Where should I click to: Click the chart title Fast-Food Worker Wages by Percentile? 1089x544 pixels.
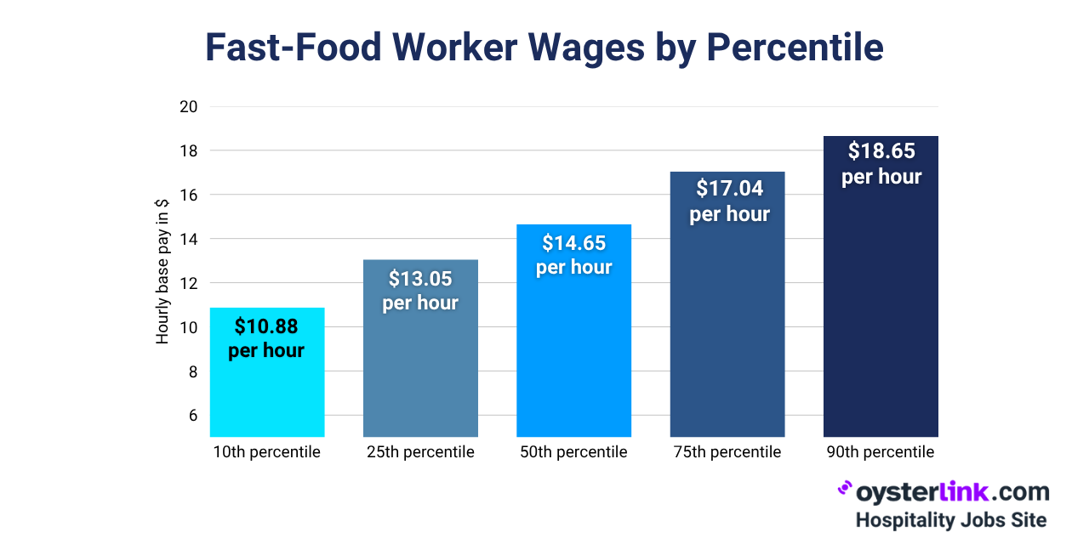click(544, 48)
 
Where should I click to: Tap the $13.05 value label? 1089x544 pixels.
click(420, 279)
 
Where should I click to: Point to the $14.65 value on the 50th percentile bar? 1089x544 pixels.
click(574, 244)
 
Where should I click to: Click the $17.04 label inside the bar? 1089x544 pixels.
click(729, 188)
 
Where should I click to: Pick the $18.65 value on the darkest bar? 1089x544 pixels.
click(881, 151)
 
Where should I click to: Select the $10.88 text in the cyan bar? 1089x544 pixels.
click(266, 326)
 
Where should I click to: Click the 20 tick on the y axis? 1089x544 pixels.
click(188, 107)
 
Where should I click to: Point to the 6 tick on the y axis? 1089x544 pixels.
click(192, 416)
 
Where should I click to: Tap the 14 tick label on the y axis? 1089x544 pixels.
click(188, 240)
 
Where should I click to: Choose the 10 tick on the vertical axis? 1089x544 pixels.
click(188, 328)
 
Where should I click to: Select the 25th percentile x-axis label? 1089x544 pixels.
click(420, 452)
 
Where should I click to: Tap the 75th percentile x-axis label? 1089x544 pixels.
click(727, 452)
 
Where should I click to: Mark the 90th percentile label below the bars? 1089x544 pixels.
click(881, 452)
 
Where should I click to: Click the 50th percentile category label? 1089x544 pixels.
click(574, 452)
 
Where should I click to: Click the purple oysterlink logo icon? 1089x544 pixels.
click(845, 488)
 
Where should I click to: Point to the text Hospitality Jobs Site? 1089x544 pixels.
click(950, 519)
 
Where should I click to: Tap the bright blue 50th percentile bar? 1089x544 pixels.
click(574, 357)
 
